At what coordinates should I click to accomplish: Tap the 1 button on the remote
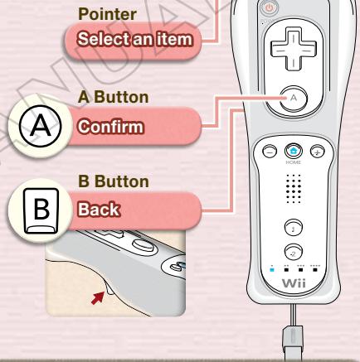(296, 227)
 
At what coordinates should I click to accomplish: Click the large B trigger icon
(26, 204)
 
